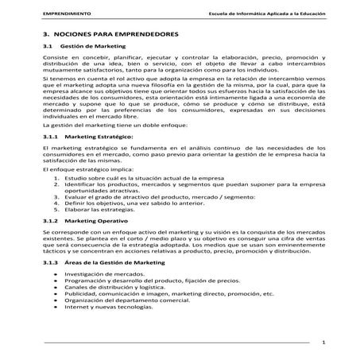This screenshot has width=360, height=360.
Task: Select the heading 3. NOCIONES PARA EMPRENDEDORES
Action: (x=110, y=36)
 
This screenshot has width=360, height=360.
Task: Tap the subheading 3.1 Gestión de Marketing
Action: (x=84, y=48)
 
